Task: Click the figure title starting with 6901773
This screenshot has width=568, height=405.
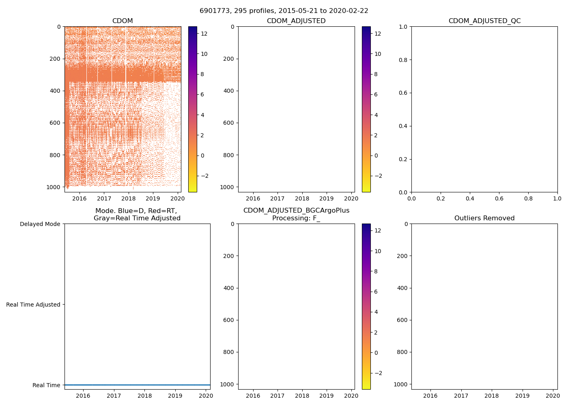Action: (284, 11)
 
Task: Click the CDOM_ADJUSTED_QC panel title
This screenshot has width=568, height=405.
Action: (484, 21)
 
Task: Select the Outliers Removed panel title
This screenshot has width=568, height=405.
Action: (484, 218)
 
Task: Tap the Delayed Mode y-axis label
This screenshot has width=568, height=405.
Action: (40, 224)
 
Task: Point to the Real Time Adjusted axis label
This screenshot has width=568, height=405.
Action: (33, 305)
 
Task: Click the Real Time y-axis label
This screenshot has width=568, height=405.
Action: (46, 385)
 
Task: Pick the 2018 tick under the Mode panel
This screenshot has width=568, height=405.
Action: (144, 396)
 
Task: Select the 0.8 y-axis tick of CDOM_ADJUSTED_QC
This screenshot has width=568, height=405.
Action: (402, 60)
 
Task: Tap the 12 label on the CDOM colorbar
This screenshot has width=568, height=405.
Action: (204, 34)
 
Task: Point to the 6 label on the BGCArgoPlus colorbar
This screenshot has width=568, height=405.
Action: (376, 292)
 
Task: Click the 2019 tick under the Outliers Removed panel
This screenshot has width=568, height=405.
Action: (522, 396)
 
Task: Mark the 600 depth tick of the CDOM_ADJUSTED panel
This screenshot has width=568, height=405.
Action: (229, 123)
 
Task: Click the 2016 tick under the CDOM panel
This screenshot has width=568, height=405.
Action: (79, 198)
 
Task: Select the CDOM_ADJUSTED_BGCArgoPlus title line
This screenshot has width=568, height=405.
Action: (296, 211)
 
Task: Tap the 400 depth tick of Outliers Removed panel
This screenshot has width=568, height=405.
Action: (402, 288)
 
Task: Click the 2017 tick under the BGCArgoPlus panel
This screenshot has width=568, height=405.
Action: (278, 396)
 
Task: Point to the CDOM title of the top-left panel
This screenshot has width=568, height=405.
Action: (123, 21)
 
